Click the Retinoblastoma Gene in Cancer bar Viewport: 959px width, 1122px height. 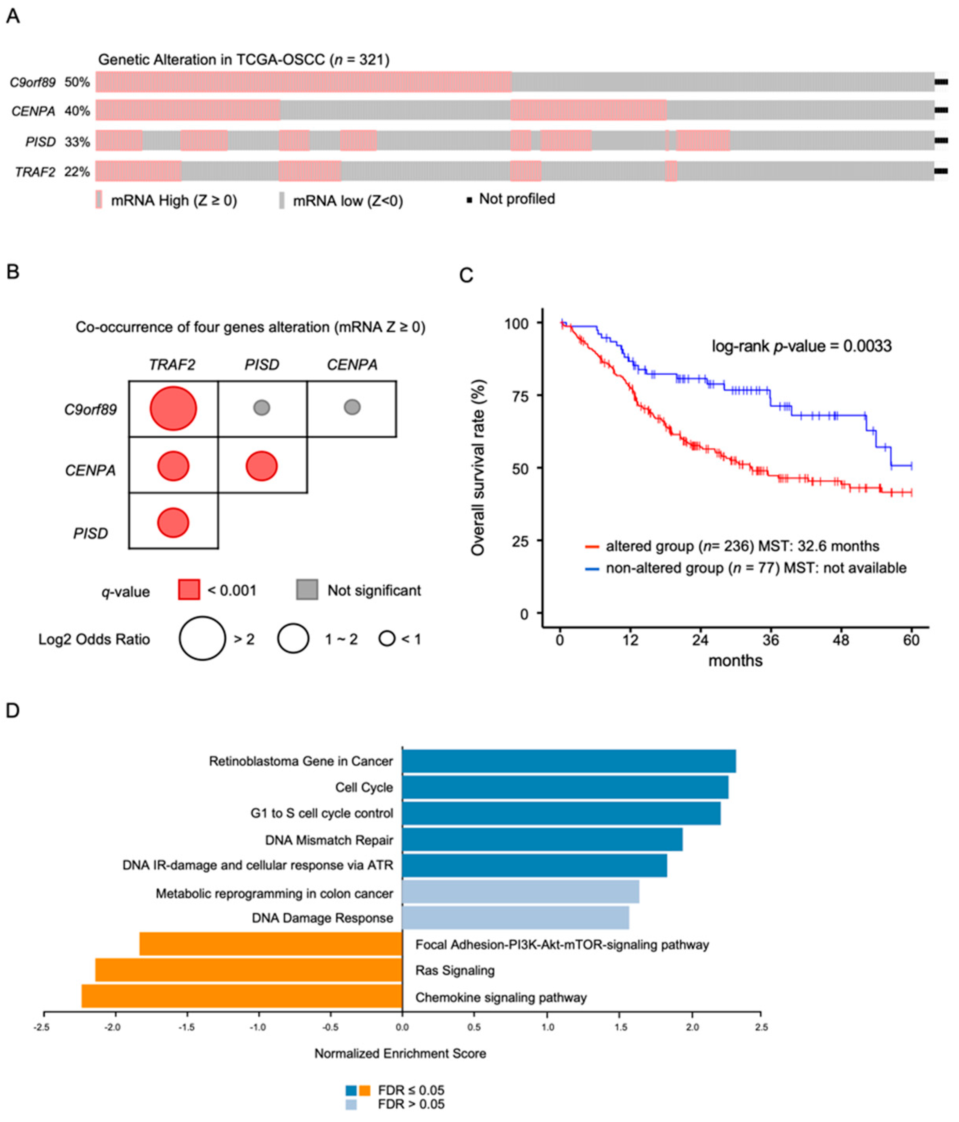point(568,761)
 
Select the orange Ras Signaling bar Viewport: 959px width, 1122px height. point(248,970)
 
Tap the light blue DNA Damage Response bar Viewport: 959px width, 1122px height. point(515,917)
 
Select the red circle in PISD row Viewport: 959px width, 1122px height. point(173,523)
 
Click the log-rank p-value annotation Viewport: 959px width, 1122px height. point(801,346)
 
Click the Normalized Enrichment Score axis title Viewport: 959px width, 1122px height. point(400,1053)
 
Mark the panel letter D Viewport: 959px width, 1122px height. point(13,710)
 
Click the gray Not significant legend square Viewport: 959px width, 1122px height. point(307,590)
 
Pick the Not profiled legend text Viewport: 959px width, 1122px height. point(516,199)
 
